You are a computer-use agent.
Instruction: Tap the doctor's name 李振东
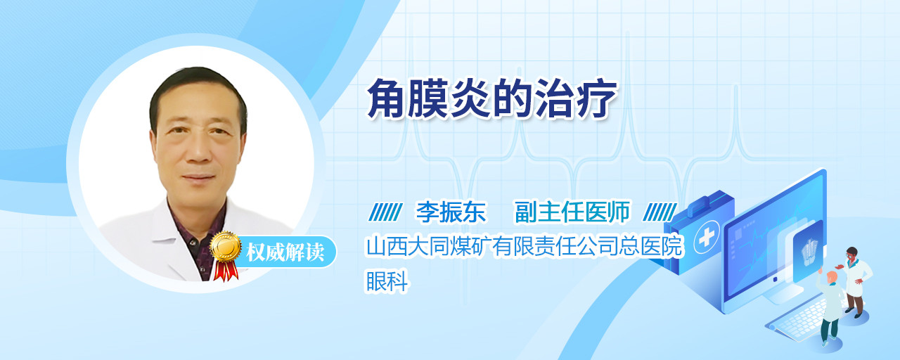(x=451, y=212)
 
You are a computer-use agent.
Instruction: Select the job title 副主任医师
(x=572, y=212)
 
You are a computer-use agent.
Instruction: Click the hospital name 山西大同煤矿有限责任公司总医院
(x=525, y=246)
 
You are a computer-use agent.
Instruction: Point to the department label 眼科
(x=387, y=281)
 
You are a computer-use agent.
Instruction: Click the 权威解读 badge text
(x=285, y=252)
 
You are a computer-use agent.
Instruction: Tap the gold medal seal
(x=226, y=246)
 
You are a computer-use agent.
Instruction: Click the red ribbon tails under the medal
(x=226, y=271)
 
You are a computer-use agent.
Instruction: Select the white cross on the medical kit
(x=707, y=238)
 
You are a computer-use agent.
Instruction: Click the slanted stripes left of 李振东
(x=385, y=212)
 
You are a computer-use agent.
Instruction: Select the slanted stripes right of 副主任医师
(x=660, y=212)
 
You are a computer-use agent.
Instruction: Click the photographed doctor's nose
(x=198, y=150)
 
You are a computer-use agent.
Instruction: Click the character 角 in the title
(x=387, y=99)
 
